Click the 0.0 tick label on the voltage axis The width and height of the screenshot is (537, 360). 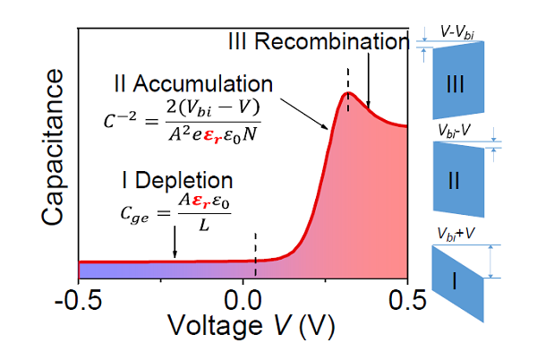point(243,296)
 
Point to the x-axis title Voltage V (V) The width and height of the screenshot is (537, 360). point(243,327)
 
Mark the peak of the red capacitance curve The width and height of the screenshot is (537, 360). point(349,93)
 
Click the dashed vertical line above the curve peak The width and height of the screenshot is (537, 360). point(348,76)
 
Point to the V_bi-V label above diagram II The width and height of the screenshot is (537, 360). point(454,131)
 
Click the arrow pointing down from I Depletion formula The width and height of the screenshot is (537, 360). point(175,244)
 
